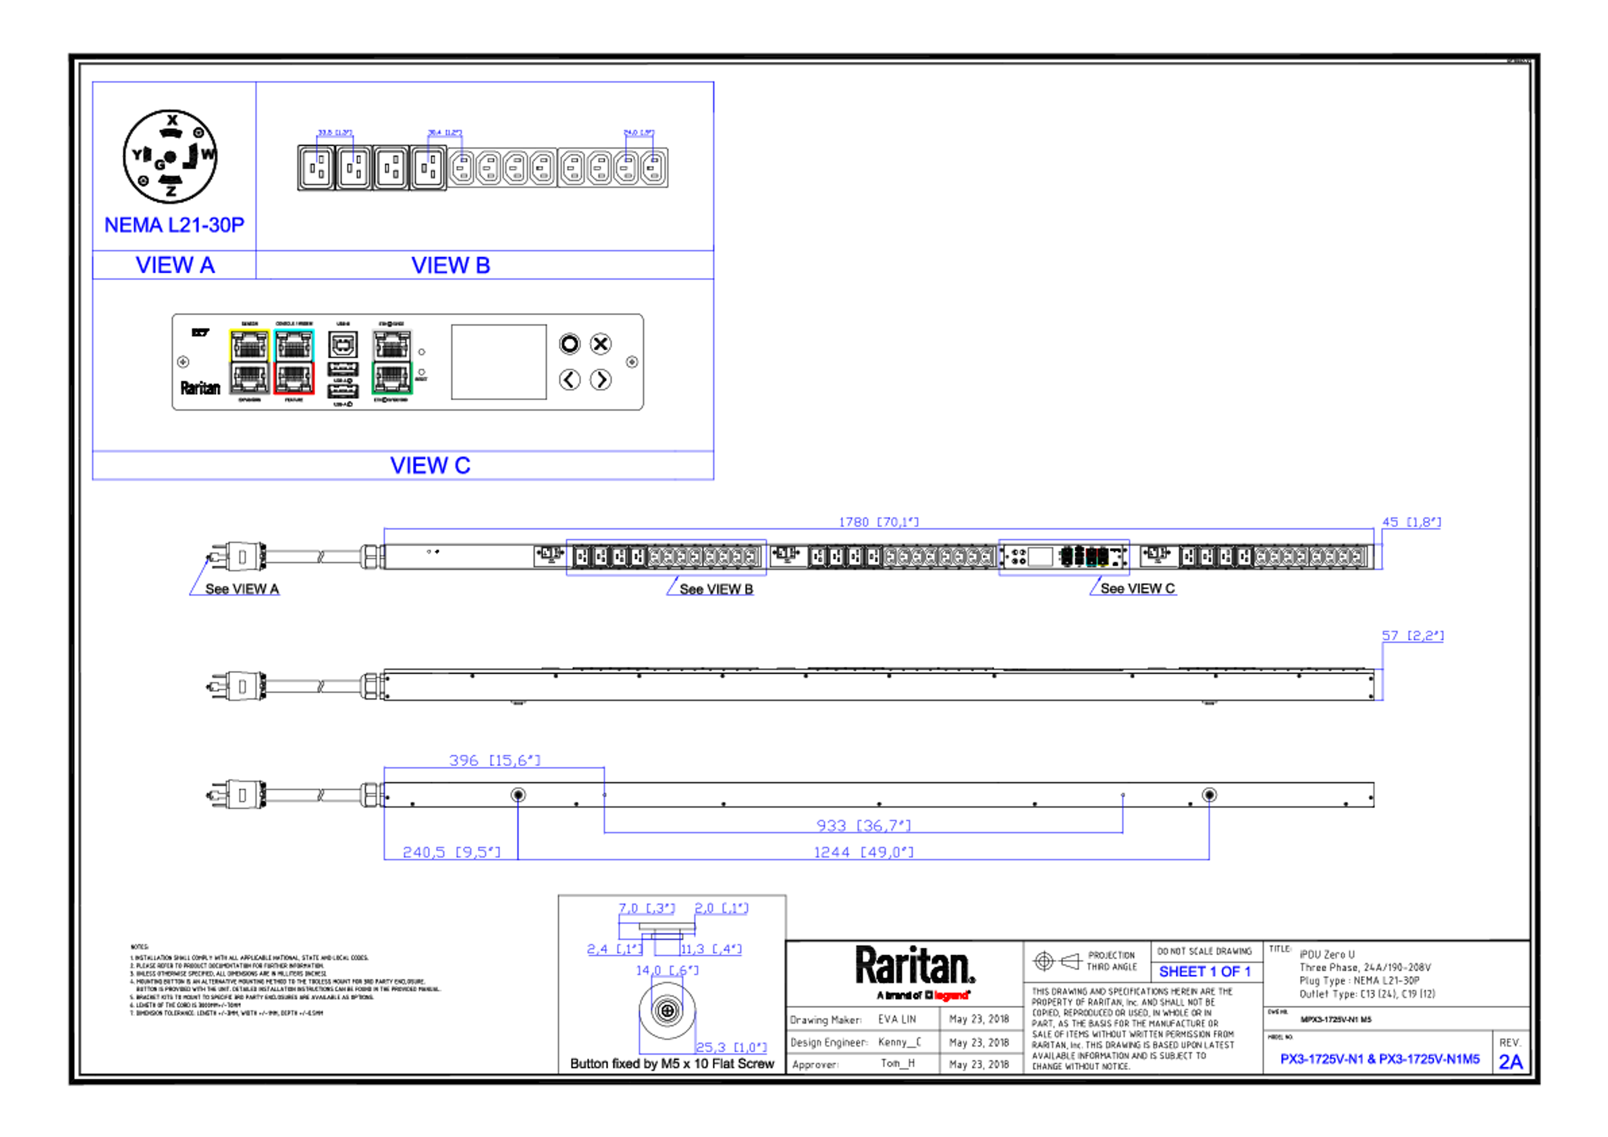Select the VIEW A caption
175,265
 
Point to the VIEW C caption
430,466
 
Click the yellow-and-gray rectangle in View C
249,361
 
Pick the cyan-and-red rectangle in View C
294,361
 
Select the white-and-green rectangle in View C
392,361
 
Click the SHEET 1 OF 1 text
1205,972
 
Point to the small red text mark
951,995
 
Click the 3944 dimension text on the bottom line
863,851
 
